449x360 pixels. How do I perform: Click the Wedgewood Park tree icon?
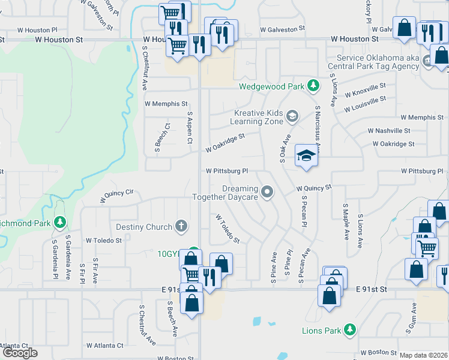click(313, 86)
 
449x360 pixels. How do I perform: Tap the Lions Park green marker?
click(351, 330)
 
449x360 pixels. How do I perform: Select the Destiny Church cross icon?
click(181, 227)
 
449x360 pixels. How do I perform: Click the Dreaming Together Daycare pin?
click(268, 192)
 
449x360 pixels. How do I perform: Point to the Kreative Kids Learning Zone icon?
click(292, 116)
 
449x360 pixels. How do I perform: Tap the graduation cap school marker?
click(306, 157)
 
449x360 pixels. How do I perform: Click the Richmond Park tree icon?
click(59, 223)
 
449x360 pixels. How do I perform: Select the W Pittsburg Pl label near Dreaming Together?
click(227, 171)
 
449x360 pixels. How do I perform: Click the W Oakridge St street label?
click(225, 143)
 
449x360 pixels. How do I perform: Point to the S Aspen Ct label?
click(189, 127)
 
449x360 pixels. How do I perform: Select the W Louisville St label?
click(366, 103)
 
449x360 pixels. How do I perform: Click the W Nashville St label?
click(389, 130)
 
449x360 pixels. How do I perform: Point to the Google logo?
click(20, 353)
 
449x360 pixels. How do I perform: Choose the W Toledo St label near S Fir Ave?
click(104, 240)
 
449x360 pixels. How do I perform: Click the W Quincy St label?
click(314, 188)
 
